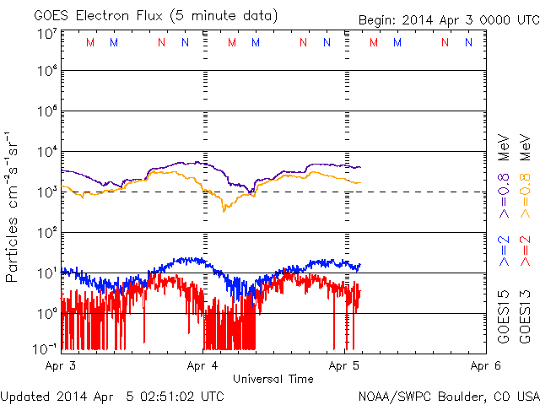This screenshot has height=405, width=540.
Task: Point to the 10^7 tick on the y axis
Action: pyautogui.click(x=46, y=35)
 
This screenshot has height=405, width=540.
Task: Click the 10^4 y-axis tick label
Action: pyautogui.click(x=46, y=152)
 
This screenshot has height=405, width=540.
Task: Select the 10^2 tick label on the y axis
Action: pyautogui.click(x=46, y=233)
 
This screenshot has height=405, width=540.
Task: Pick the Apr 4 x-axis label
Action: pyautogui.click(x=202, y=366)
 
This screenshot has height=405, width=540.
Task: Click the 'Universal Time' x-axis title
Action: pyautogui.click(x=273, y=379)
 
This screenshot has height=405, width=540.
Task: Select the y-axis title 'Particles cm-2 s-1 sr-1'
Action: pyautogui.click(x=14, y=206)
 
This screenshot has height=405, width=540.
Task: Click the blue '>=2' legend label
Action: pyautogui.click(x=504, y=251)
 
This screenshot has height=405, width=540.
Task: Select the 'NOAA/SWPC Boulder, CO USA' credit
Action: pyautogui.click(x=448, y=395)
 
